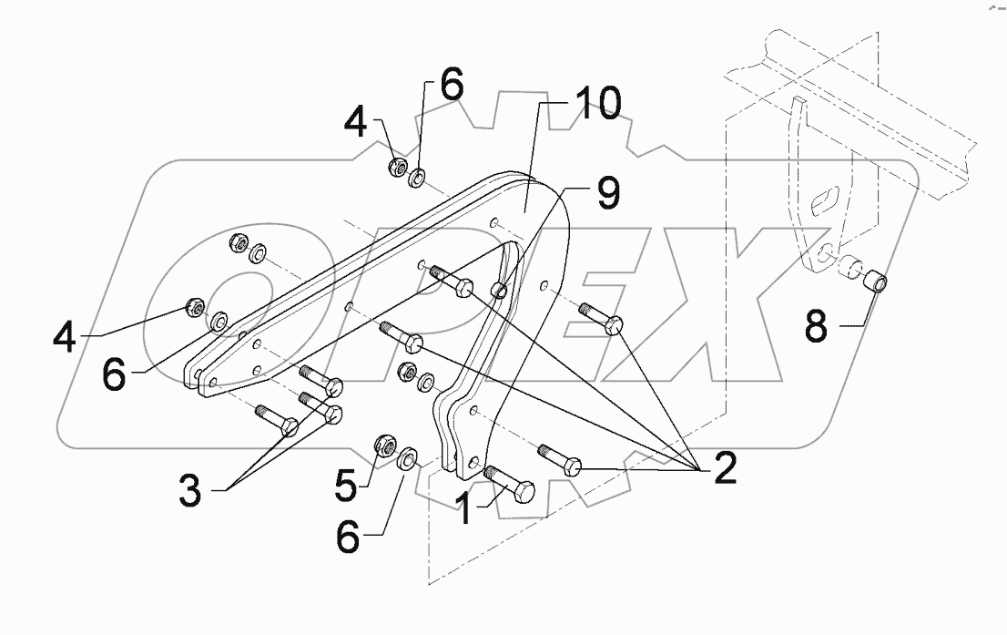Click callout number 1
coord(464,508)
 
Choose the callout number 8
coord(815,325)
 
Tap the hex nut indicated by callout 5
coord(384,446)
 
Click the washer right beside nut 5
coord(409,455)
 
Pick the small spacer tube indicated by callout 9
coord(498,291)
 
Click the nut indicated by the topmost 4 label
coord(397,167)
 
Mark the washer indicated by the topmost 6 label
coord(420,174)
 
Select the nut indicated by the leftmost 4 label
coord(194,305)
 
